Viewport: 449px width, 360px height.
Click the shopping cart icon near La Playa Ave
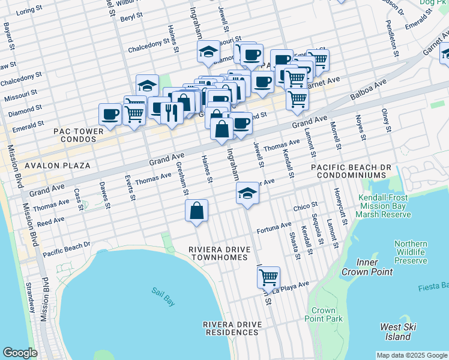click(268, 278)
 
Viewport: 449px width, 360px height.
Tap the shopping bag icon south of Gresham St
click(196, 211)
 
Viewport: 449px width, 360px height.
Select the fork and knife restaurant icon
click(172, 112)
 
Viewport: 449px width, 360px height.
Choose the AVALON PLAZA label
click(58, 165)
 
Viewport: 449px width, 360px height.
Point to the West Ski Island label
click(400, 332)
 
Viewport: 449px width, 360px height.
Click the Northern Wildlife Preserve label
click(411, 253)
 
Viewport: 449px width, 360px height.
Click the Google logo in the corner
click(20, 353)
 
